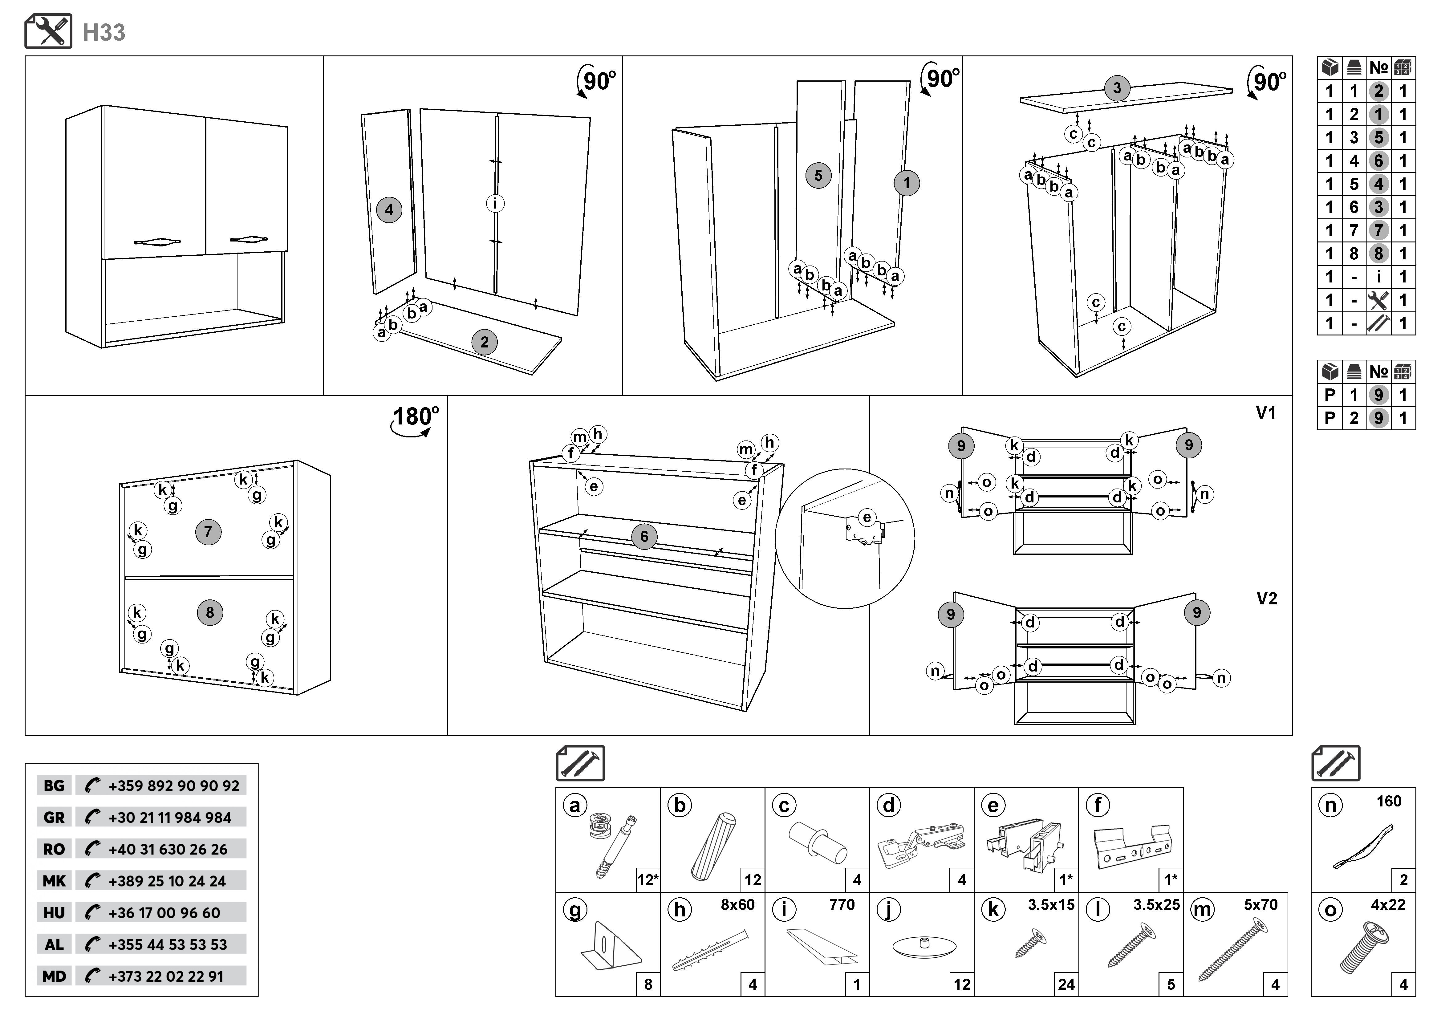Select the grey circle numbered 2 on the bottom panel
pos(484,342)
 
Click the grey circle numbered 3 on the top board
pos(1117,88)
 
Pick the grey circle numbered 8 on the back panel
pos(210,612)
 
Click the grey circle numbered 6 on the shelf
pos(644,537)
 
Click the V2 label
pos(1267,599)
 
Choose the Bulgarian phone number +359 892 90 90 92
pos(173,786)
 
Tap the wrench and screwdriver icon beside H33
pos(48,31)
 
